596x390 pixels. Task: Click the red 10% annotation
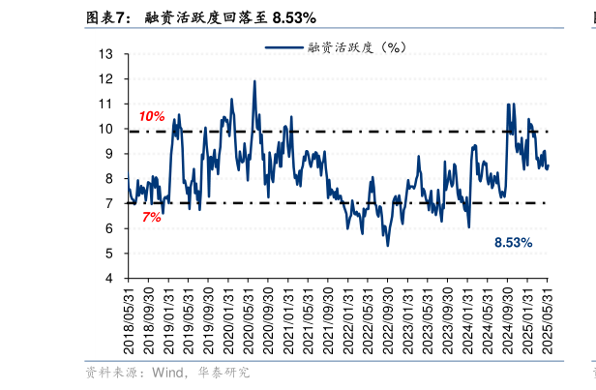coord(152,116)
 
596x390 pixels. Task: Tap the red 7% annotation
coord(151,218)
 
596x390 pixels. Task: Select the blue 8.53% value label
coord(513,243)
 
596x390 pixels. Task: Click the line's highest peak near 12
coord(254,81)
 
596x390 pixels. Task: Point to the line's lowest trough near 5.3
coord(387,246)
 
